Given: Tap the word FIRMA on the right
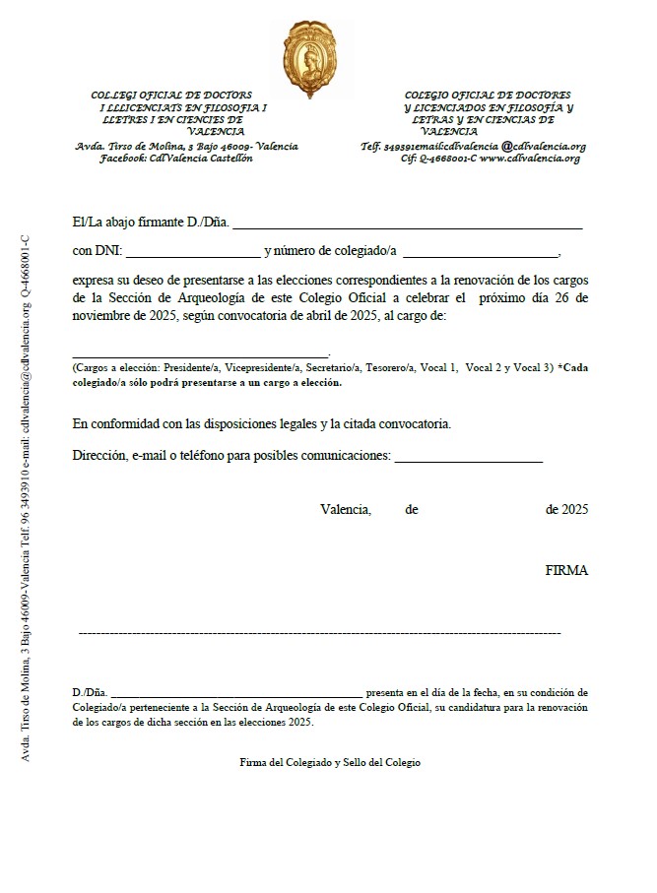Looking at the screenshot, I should tap(565, 571).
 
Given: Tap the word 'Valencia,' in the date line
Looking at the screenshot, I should tap(346, 510).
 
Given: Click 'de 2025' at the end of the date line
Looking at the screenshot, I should tap(566, 510).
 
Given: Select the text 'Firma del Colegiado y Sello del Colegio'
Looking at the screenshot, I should tap(329, 763).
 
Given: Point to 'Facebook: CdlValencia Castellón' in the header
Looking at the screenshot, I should tap(175, 159).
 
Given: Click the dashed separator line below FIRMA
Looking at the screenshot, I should tap(319, 632).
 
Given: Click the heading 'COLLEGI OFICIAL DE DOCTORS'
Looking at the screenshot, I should tap(171, 95).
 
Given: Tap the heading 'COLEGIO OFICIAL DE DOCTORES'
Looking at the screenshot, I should tap(489, 95).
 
